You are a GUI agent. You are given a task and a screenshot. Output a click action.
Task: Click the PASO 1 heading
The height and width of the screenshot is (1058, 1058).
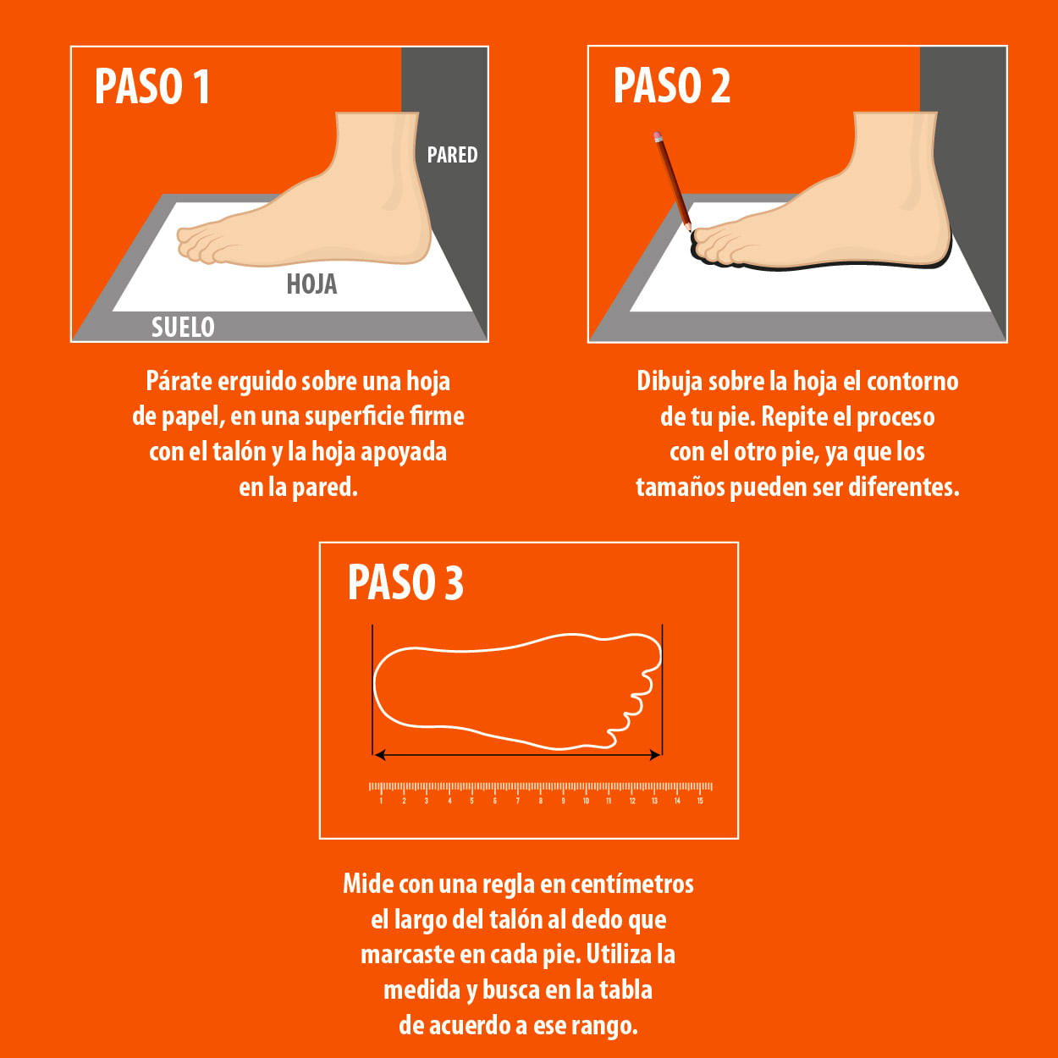[152, 86]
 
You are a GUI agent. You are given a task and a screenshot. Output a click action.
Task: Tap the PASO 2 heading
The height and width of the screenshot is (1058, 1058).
[671, 85]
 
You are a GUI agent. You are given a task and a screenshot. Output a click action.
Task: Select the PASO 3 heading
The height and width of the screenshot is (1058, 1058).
[405, 582]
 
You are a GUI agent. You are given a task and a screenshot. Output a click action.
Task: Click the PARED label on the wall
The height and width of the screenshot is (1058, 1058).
[453, 155]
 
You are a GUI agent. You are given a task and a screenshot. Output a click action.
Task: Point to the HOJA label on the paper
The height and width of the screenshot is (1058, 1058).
[311, 284]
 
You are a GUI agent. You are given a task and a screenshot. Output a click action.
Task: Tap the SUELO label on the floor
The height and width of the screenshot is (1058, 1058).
[183, 328]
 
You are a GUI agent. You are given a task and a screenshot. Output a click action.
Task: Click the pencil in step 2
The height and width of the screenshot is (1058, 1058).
[672, 180]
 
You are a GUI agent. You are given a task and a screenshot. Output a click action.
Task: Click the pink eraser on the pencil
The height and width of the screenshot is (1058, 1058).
[658, 135]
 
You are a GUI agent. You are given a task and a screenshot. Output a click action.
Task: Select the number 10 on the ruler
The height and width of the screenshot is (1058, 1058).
[587, 801]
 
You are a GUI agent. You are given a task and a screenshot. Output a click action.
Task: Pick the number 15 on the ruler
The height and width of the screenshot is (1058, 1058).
[700, 801]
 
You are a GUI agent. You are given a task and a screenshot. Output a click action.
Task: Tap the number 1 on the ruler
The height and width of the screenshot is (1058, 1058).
[381, 801]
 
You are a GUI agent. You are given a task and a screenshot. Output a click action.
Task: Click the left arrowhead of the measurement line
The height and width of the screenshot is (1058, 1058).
[379, 756]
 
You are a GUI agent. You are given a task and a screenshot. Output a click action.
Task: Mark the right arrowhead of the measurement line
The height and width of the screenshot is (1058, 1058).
[656, 756]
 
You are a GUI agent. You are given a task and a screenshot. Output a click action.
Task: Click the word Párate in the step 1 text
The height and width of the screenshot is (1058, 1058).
[178, 381]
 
